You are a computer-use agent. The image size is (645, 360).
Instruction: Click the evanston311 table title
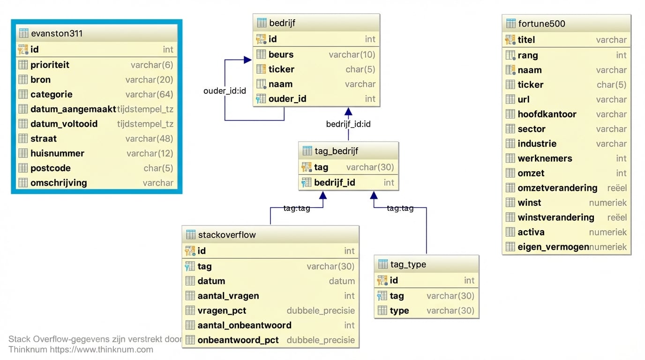56,34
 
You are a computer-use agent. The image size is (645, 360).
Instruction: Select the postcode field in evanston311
50,168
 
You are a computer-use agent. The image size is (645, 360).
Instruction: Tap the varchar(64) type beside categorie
150,95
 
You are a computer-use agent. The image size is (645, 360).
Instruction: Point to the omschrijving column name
59,183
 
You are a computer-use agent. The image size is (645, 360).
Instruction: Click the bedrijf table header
282,23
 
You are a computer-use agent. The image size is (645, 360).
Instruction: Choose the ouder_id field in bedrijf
287,99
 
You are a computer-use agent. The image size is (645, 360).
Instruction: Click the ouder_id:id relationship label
225,90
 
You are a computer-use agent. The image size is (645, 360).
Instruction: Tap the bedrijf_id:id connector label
348,124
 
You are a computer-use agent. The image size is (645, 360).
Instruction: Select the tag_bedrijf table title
337,151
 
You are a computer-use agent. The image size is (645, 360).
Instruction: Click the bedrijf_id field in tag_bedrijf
334,182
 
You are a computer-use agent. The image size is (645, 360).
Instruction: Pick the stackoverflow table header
227,235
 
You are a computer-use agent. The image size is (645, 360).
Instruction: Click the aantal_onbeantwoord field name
244,325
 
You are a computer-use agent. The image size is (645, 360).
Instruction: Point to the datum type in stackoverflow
342,281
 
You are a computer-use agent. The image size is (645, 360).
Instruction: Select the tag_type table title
408,264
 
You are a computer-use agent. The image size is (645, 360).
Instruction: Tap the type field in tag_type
399,311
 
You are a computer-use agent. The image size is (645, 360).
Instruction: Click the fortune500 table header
541,24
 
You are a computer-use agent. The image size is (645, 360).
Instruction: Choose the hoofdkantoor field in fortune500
547,114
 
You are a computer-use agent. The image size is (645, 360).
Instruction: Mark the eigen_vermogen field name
553,247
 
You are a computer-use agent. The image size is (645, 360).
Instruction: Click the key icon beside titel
510,40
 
